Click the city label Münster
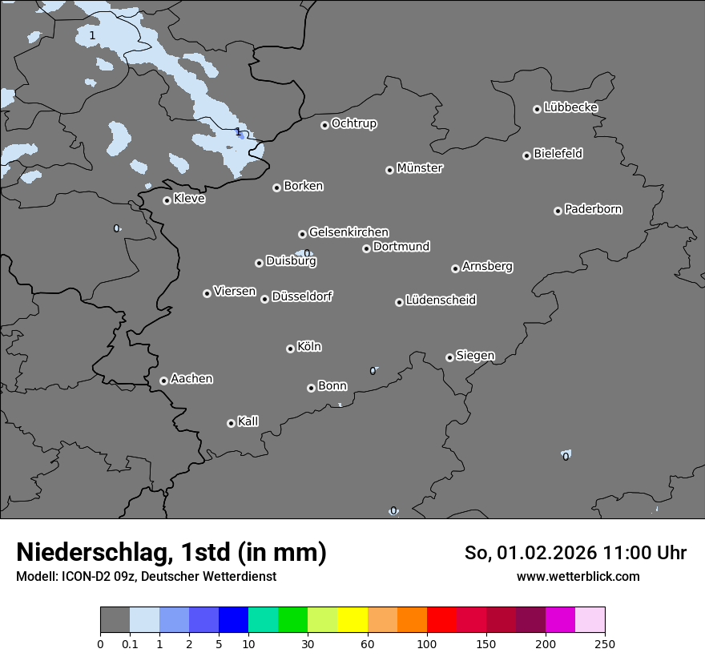[x=420, y=168]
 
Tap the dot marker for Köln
[x=290, y=349]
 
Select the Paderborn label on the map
[x=594, y=209]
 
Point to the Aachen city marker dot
[x=163, y=381]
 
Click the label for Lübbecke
[x=571, y=107]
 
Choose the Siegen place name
[x=475, y=356]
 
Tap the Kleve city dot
[x=167, y=200]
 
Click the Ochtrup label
[x=354, y=123]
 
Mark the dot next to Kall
[x=231, y=423]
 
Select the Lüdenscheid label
[x=441, y=300]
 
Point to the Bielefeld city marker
[x=526, y=155]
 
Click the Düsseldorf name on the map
[x=302, y=296]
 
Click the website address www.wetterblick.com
[x=578, y=576]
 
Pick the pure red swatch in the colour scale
[x=441, y=620]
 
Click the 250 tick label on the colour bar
[x=605, y=643]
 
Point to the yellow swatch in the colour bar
[x=352, y=620]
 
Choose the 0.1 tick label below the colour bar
[x=130, y=643]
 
